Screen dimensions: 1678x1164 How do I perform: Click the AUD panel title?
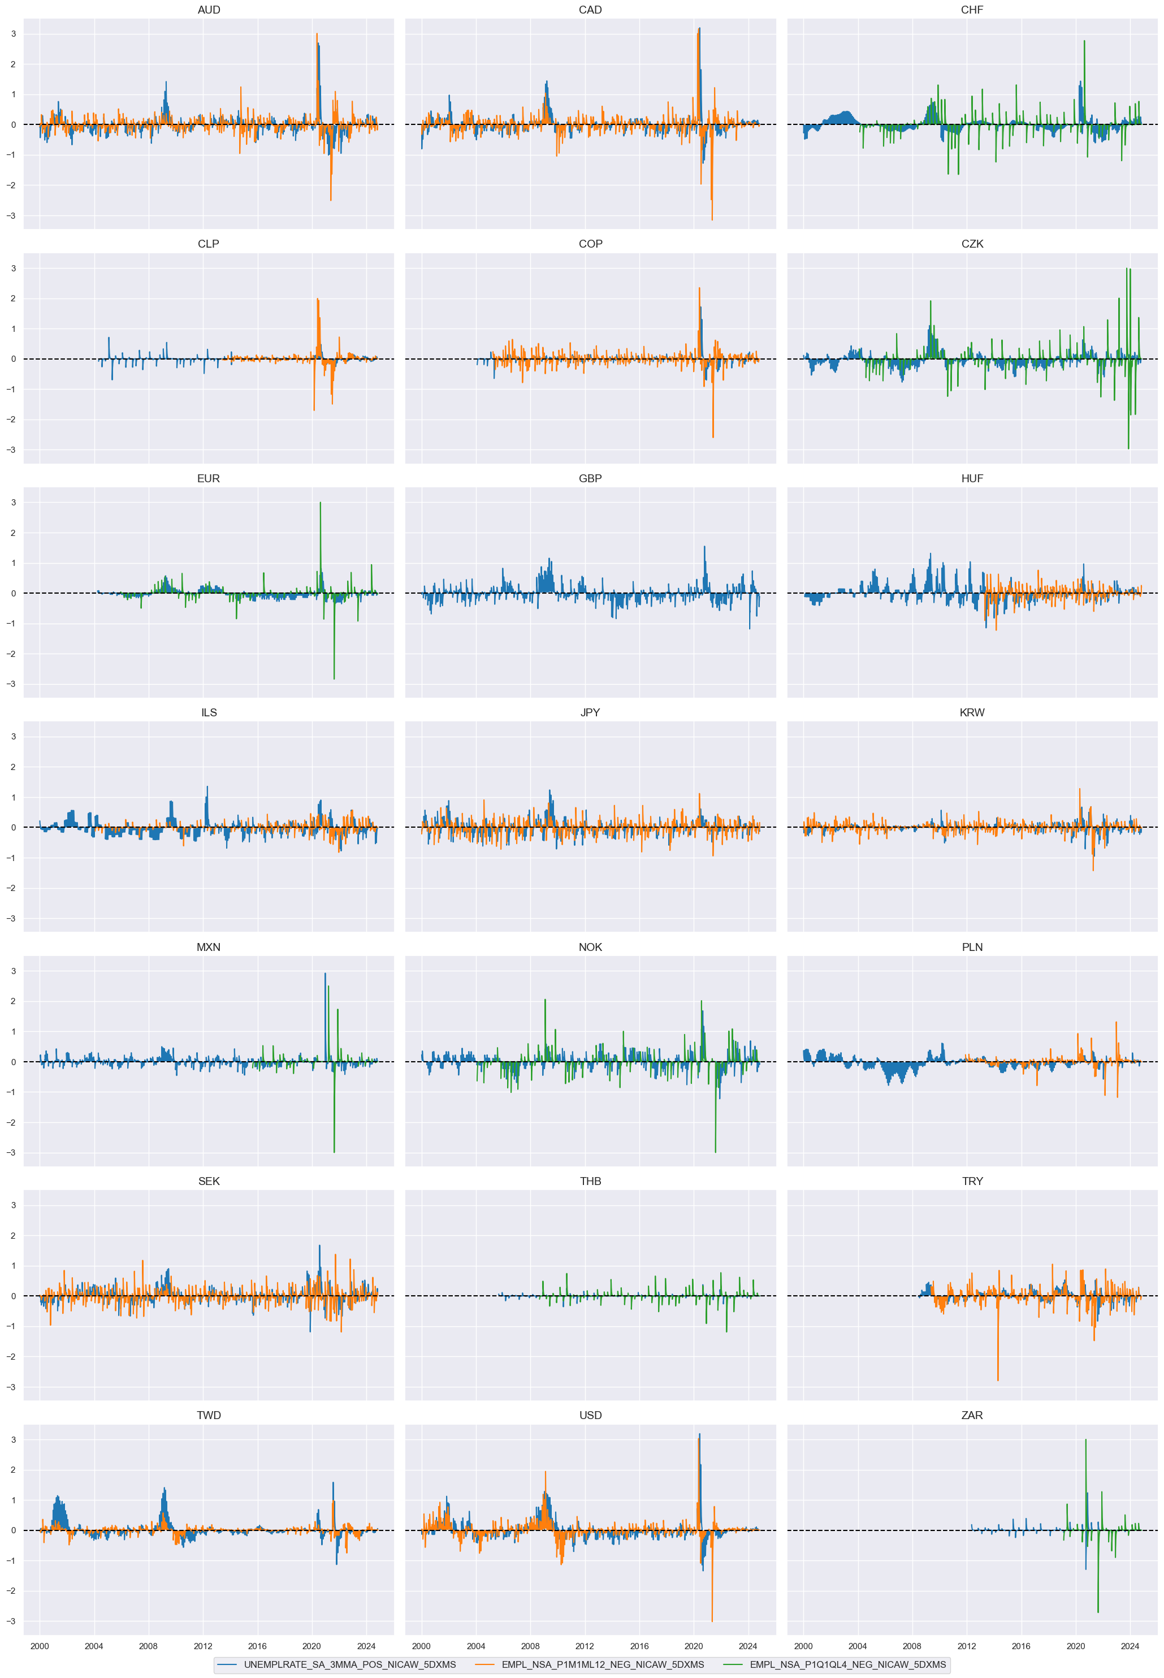pyautogui.click(x=209, y=10)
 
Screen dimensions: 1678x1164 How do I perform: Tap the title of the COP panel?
pyautogui.click(x=590, y=244)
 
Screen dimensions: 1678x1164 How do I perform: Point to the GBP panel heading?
pyautogui.click(x=590, y=478)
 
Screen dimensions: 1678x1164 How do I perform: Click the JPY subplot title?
pyautogui.click(x=590, y=712)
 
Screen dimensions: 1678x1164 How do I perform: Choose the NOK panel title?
pyautogui.click(x=590, y=946)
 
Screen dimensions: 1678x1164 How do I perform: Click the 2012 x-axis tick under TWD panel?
pyautogui.click(x=203, y=1645)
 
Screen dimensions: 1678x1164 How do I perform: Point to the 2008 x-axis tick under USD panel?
pyautogui.click(x=530, y=1645)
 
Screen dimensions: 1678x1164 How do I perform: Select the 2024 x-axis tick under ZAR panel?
pyautogui.click(x=1130, y=1645)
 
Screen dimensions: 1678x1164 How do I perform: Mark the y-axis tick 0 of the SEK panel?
pyautogui.click(x=13, y=1296)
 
